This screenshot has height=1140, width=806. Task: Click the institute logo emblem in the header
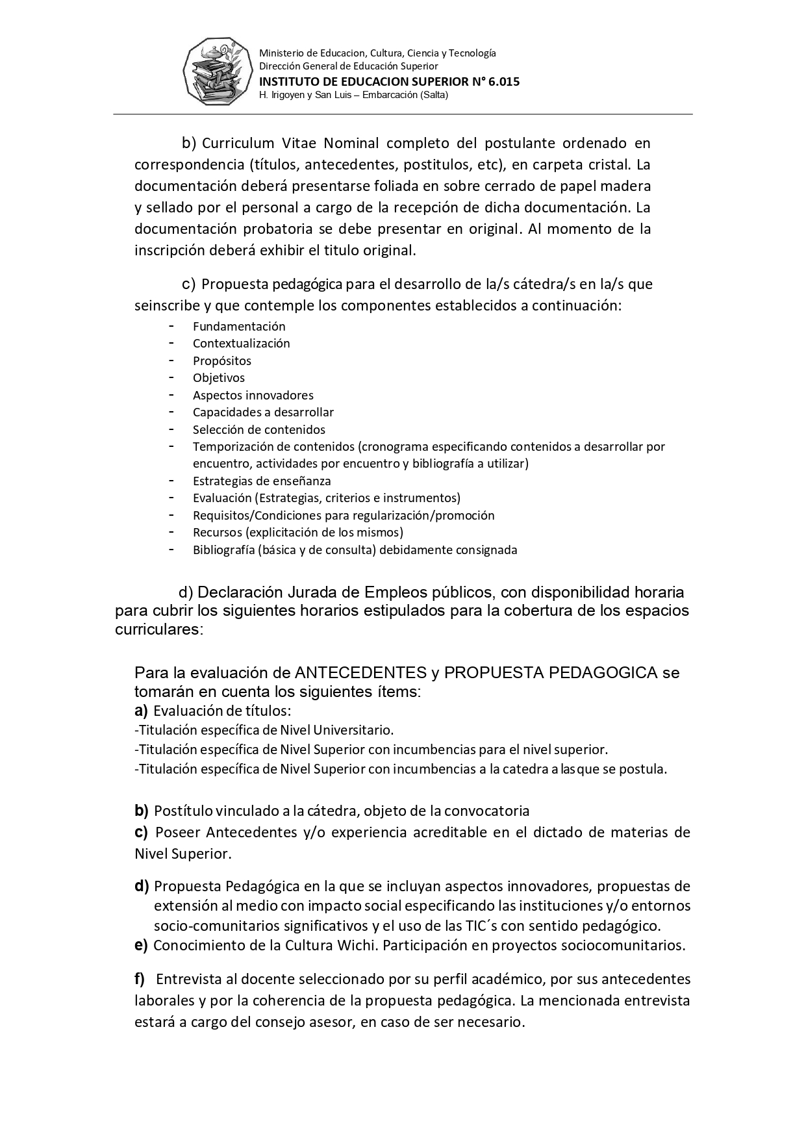pos(216,72)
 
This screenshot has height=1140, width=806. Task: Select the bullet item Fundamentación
pos(239,327)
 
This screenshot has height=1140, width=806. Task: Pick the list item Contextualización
pos(241,344)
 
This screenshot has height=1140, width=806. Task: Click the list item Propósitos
pos(221,361)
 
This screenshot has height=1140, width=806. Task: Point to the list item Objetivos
pos(218,378)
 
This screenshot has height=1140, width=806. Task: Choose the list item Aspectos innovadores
pos(253,396)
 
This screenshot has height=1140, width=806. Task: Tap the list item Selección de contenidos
pos(258,430)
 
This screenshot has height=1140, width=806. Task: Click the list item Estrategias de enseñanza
pos(262,481)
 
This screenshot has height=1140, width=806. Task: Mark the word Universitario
pos(355,730)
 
